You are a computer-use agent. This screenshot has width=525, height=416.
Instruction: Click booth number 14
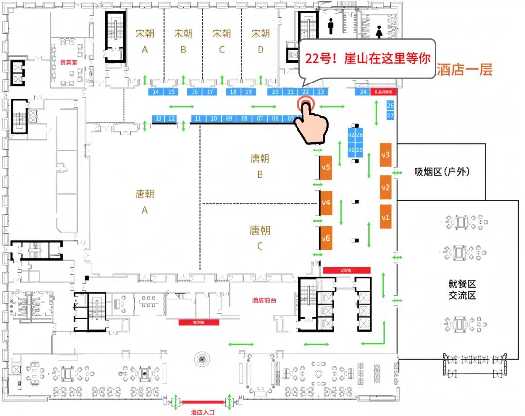156,92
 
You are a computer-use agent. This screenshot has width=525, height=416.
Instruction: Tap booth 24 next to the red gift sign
363,92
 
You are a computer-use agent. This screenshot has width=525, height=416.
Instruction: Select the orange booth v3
385,155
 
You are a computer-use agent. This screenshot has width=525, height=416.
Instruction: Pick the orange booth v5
326,167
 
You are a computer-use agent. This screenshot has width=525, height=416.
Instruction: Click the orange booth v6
326,238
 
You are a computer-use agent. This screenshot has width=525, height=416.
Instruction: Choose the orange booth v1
385,217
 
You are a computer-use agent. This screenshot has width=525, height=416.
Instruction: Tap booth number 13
158,118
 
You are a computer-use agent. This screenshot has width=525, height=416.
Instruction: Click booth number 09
229,118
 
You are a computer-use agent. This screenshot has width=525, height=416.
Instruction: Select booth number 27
390,116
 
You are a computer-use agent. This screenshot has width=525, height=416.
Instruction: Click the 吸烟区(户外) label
442,171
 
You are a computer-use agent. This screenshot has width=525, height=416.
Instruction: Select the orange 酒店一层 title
465,69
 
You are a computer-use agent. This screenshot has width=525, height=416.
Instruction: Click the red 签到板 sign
199,322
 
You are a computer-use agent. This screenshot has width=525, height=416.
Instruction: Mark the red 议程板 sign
347,270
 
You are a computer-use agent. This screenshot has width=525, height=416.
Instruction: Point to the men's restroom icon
331,27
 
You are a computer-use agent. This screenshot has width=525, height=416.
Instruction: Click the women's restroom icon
379,32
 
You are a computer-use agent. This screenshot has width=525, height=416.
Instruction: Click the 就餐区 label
459,283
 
